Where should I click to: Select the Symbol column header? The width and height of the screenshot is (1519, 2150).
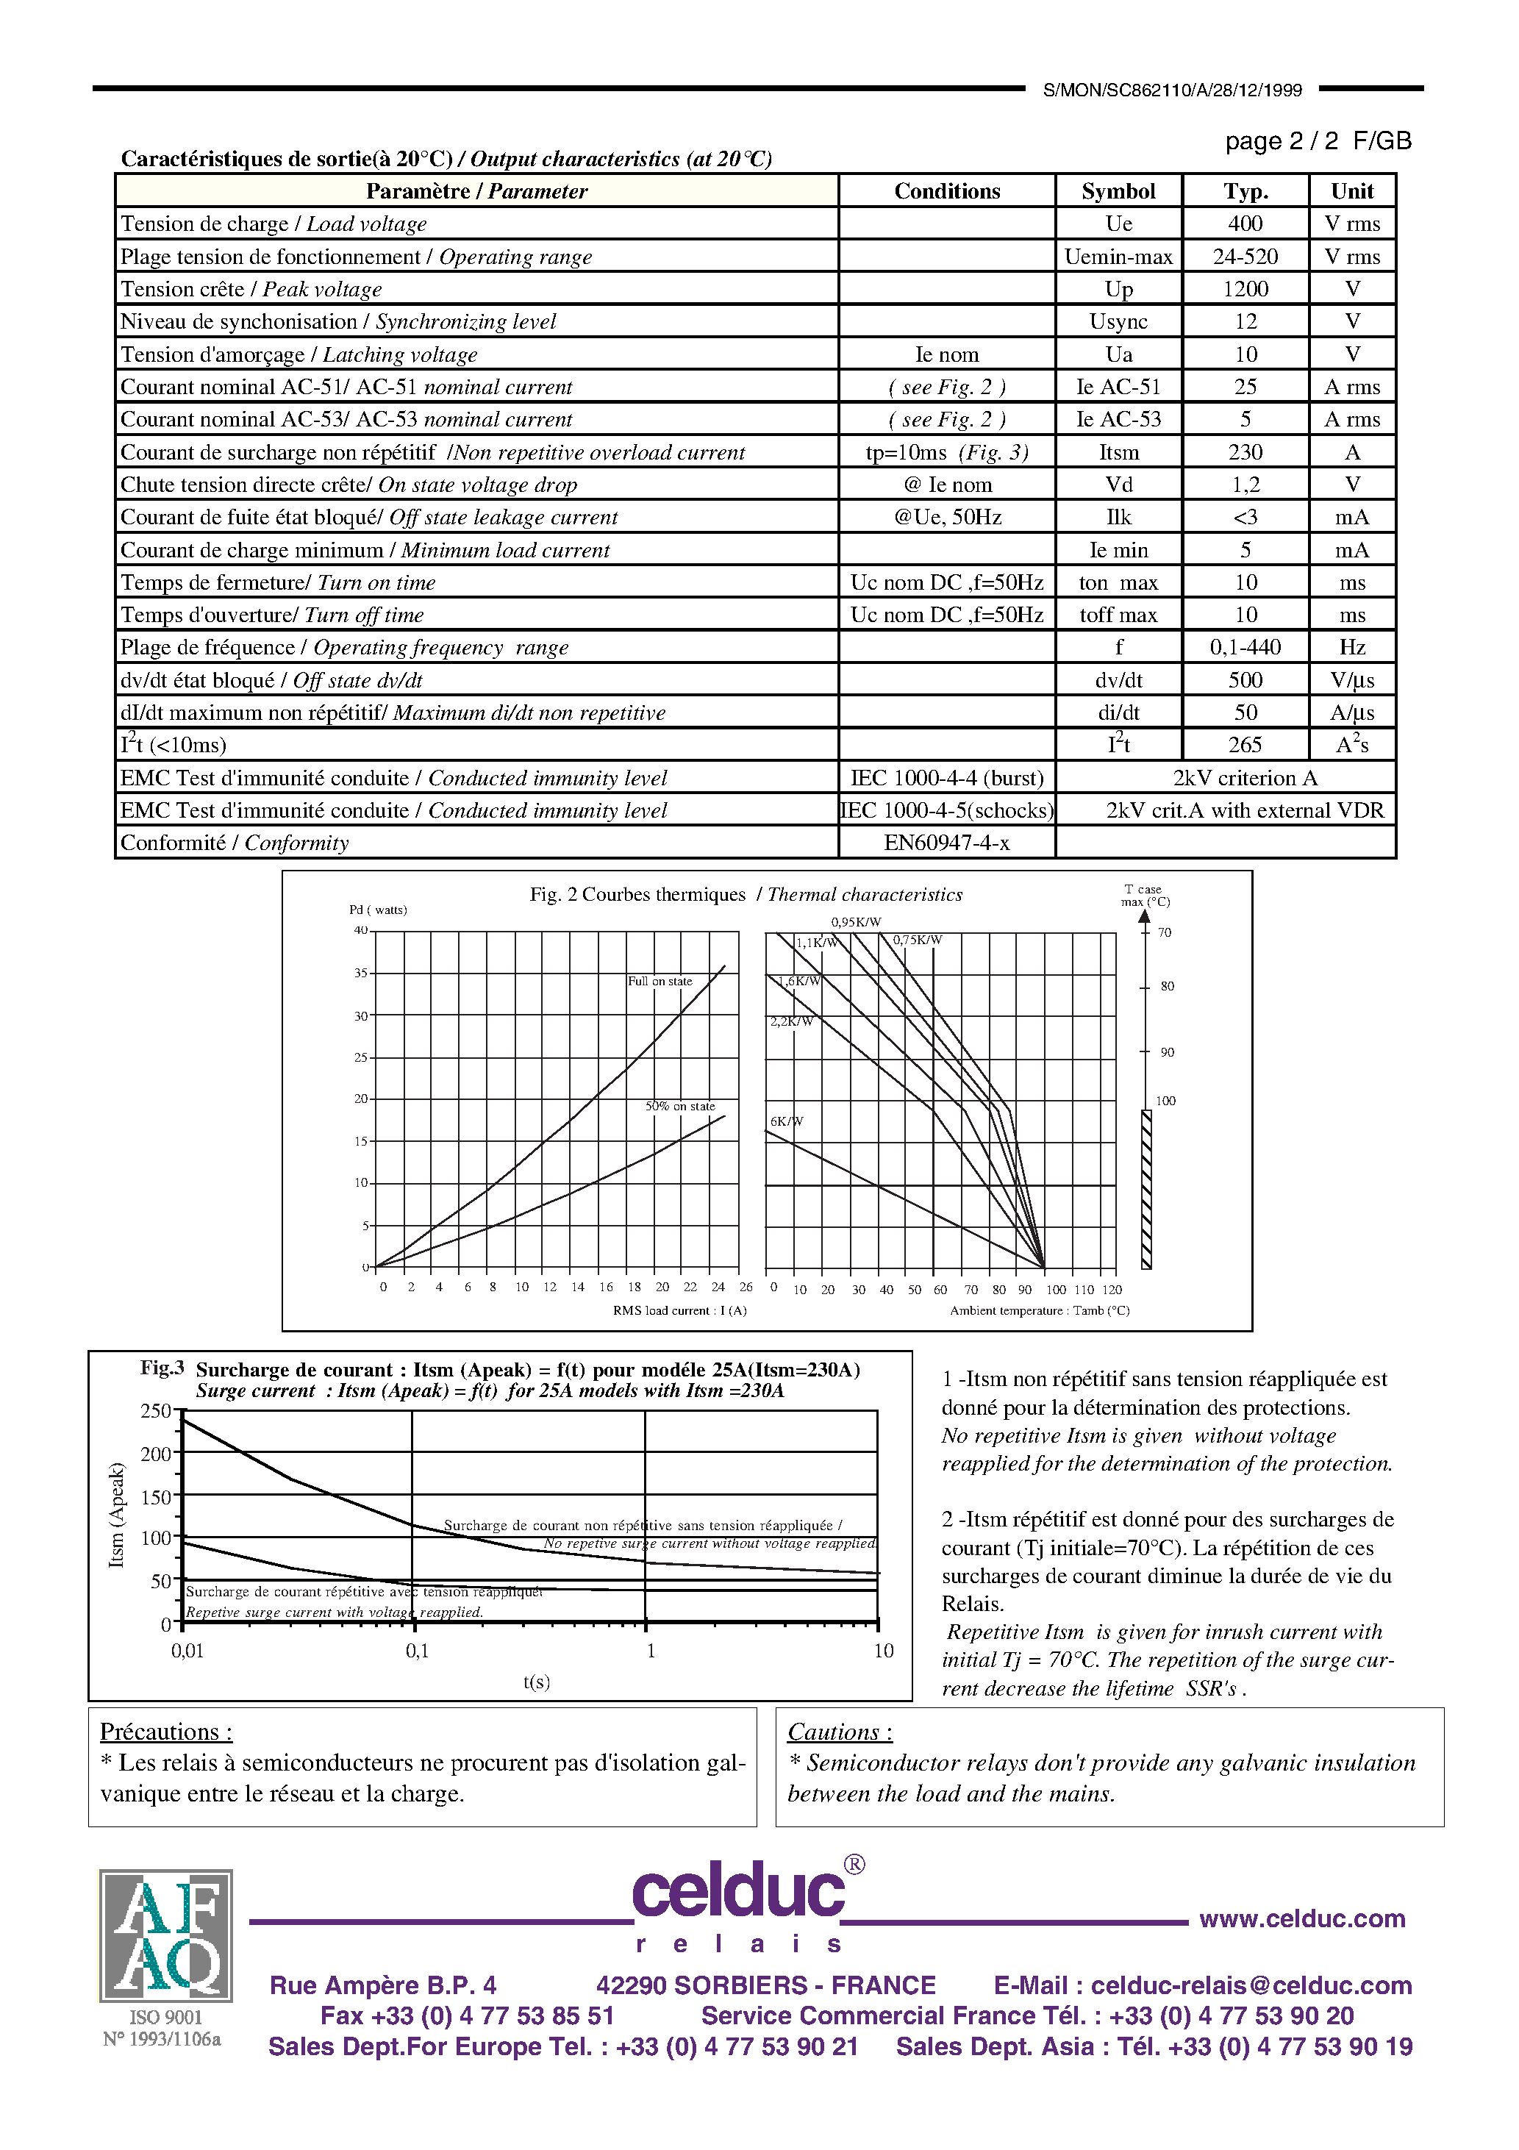tap(1118, 191)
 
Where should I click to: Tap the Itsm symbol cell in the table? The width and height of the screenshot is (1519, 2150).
tap(1118, 452)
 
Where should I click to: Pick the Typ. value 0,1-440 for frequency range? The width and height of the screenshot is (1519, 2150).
tap(1245, 647)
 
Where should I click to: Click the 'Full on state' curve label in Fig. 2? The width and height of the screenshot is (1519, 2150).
tap(660, 982)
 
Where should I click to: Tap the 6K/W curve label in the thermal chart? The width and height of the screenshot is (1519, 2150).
tap(786, 1121)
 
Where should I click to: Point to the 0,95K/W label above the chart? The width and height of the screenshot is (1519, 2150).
tap(856, 921)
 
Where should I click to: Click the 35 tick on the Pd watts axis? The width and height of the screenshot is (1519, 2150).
tap(360, 973)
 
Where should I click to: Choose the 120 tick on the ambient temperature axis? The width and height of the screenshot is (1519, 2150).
tap(1112, 1290)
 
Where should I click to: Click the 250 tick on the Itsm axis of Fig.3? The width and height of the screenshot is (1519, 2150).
tap(155, 1411)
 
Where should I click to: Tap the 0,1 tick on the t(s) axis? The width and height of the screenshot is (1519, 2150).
tap(417, 1651)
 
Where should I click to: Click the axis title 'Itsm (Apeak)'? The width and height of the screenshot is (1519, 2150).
tap(116, 1515)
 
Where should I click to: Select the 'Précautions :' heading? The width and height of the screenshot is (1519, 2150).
tap(165, 1732)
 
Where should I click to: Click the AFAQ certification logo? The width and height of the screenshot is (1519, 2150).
tap(165, 1935)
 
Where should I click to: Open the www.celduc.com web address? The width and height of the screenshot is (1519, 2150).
tap(1301, 1918)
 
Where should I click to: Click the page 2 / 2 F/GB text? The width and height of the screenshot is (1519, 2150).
tap(1317, 141)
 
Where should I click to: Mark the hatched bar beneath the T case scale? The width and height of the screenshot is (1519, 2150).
tap(1146, 1189)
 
